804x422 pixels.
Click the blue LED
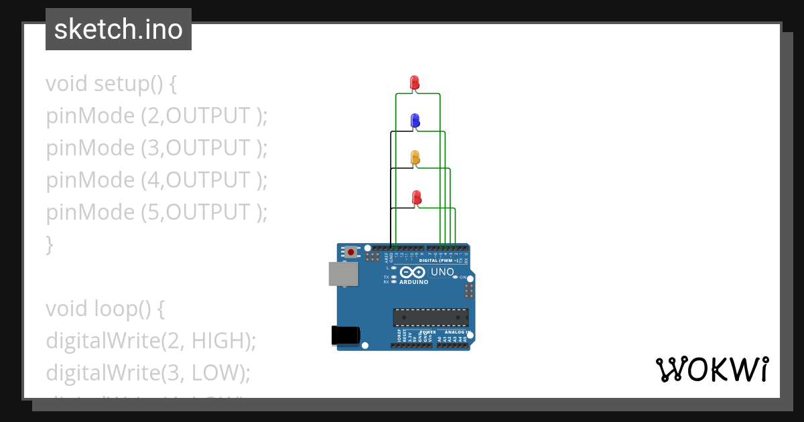tap(415, 121)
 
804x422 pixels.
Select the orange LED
tap(415, 158)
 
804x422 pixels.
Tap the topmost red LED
tap(415, 82)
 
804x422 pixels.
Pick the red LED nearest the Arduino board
tap(416, 198)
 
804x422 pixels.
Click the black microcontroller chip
tap(430, 317)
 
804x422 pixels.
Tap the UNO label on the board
tap(442, 272)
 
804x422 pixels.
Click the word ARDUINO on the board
tap(413, 282)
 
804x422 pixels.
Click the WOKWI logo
tap(712, 369)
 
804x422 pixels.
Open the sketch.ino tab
tap(119, 29)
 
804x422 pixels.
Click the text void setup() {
tap(111, 84)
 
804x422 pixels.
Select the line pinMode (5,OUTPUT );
tap(157, 212)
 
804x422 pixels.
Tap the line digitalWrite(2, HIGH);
tap(151, 341)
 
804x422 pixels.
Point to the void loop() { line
tap(105, 309)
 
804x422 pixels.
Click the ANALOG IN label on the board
tap(458, 332)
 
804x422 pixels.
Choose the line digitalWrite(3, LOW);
tap(148, 372)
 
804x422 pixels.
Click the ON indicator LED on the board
tap(455, 277)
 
